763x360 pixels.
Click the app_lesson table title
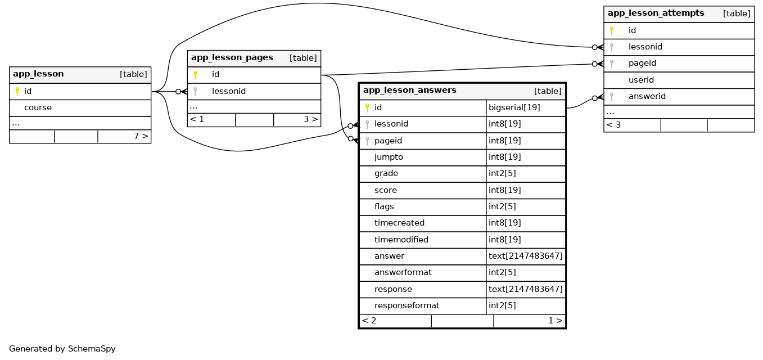point(38,74)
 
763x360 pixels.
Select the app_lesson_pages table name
point(232,57)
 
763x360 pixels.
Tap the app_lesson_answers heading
point(410,90)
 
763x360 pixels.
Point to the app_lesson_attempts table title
point(656,13)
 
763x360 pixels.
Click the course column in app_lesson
point(38,107)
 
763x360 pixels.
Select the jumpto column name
point(389,157)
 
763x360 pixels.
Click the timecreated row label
point(399,223)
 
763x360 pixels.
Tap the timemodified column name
point(401,240)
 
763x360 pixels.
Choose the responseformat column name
point(407,305)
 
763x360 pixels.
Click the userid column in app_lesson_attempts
point(641,80)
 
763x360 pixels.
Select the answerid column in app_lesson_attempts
point(647,96)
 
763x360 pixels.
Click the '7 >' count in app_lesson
point(141,136)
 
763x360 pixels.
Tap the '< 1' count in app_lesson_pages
point(197,119)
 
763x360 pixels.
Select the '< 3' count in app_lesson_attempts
point(614,125)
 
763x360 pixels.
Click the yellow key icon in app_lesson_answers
point(367,107)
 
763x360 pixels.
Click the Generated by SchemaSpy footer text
point(62,349)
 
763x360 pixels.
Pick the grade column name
point(386,173)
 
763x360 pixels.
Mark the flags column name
point(384,206)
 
